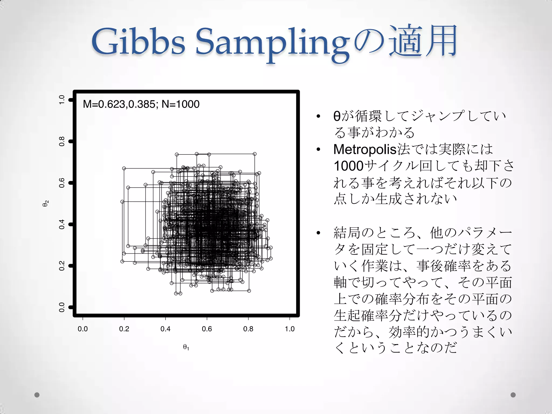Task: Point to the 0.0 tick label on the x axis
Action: (82, 329)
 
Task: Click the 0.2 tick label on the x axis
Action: (124, 329)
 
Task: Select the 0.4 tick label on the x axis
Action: (165, 329)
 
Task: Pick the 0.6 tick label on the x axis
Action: (207, 329)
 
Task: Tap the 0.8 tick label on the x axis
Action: (248, 329)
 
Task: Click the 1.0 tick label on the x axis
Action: (290, 329)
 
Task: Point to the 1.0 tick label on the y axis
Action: (62, 100)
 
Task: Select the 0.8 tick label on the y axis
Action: (62, 141)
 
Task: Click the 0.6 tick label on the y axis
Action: (62, 183)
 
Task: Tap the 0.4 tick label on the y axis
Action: (62, 224)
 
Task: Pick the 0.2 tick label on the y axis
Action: (62, 266)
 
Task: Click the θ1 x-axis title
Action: (186, 347)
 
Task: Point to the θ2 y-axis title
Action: (46, 203)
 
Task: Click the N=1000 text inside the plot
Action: (180, 104)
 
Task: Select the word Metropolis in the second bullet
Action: (365, 150)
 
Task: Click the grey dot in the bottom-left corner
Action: (37, 395)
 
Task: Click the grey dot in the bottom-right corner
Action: (513, 395)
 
